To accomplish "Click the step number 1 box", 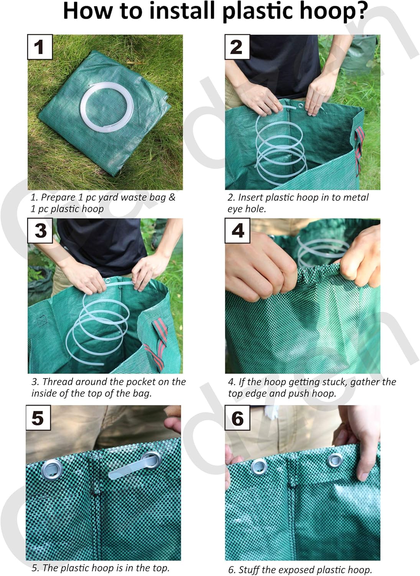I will coord(40,47).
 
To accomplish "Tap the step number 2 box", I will coord(237,47).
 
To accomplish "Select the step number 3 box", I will coord(40,230).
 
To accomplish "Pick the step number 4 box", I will coord(237,230).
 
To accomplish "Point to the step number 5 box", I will coord(38,418).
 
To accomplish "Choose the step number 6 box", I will coord(237,418).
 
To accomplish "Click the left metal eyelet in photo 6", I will coord(259,466).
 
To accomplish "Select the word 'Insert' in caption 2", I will coord(250,197).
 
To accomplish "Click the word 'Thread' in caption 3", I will coord(58,382).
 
